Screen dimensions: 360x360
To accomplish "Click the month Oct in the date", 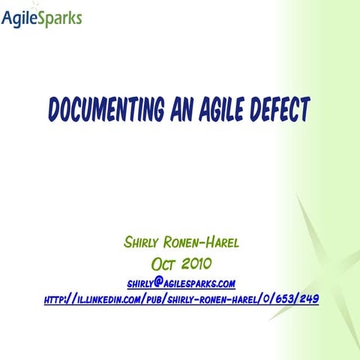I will point(165,264).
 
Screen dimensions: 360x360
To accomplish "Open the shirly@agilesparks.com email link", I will point(181,283).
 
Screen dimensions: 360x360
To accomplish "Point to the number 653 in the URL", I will point(279,299).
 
